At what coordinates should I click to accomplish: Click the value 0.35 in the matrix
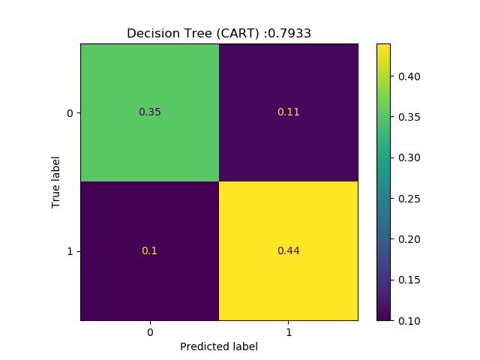tap(150, 112)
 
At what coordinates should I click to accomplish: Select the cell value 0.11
tap(288, 112)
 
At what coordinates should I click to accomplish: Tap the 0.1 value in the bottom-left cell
tap(150, 250)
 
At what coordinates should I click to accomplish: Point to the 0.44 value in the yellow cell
tap(288, 250)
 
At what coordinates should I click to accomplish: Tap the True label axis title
tap(55, 181)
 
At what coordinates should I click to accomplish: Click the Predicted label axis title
tap(219, 346)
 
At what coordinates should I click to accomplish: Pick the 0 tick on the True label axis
tap(70, 112)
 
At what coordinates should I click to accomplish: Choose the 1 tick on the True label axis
tap(70, 250)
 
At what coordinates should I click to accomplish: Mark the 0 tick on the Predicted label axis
tap(150, 331)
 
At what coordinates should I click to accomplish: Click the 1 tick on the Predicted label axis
tap(288, 331)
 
